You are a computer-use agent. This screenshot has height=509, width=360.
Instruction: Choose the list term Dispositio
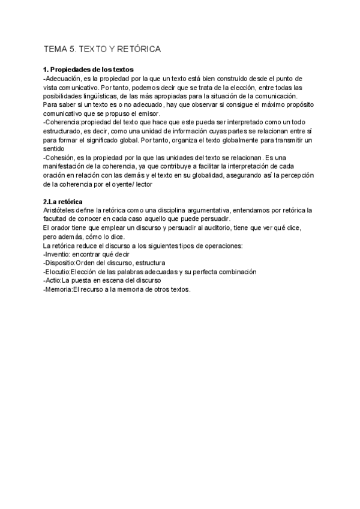tap(62, 263)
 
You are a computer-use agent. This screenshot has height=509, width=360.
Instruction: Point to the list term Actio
tap(56, 280)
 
